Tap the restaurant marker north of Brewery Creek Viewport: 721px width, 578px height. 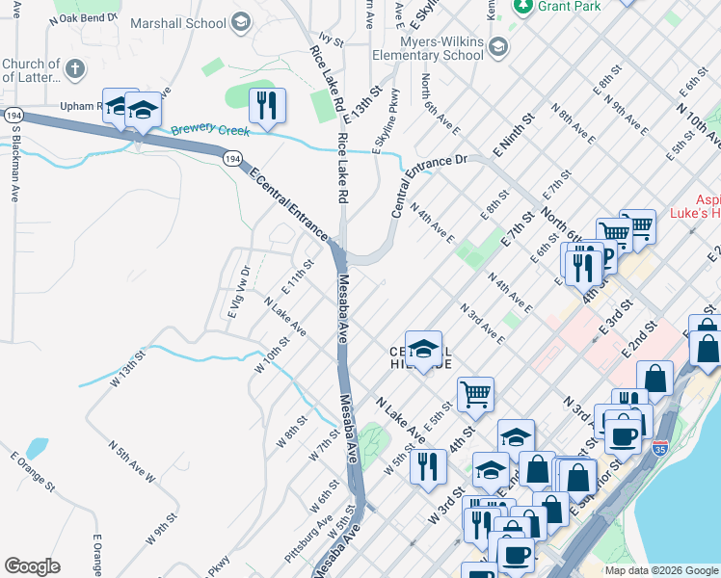(x=267, y=105)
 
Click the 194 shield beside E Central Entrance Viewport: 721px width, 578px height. (x=233, y=158)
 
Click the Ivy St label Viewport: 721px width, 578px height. (x=332, y=39)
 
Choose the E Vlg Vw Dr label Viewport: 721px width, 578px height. (x=237, y=293)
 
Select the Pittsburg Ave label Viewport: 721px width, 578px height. (x=309, y=540)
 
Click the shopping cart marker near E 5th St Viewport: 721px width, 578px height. (x=475, y=393)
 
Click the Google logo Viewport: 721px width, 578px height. (x=32, y=566)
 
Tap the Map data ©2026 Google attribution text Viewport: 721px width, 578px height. (x=660, y=570)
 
